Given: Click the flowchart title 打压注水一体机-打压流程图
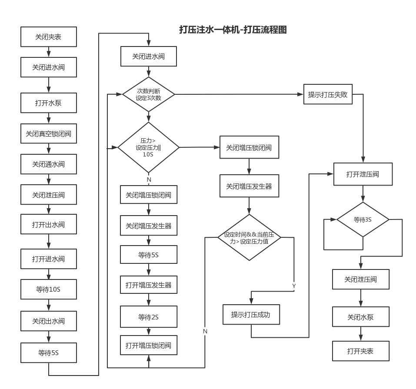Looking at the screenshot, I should [x=233, y=30].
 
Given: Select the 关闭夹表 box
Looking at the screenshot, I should [x=49, y=37].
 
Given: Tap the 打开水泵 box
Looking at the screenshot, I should [x=49, y=103].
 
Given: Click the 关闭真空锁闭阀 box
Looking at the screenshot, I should [x=49, y=134].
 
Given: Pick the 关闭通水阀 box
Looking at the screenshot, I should [x=49, y=164].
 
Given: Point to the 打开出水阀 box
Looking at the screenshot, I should [x=49, y=225].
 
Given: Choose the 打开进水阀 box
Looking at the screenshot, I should [x=49, y=259].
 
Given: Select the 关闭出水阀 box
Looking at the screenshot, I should [x=49, y=321].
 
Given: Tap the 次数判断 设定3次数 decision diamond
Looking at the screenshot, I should [x=149, y=94].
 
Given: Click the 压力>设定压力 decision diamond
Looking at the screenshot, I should [x=149, y=148].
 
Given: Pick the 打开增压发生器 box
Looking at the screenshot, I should [x=149, y=285].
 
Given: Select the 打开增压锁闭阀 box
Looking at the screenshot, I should [x=149, y=346].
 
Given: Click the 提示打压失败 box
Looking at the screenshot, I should [x=328, y=94].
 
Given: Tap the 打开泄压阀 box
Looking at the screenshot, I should [x=363, y=174].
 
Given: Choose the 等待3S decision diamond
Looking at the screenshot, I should [x=363, y=220].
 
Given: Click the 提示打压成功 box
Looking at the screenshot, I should [x=250, y=314].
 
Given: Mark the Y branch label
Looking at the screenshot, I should [x=294, y=286].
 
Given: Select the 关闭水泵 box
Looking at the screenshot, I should [x=360, y=317].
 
